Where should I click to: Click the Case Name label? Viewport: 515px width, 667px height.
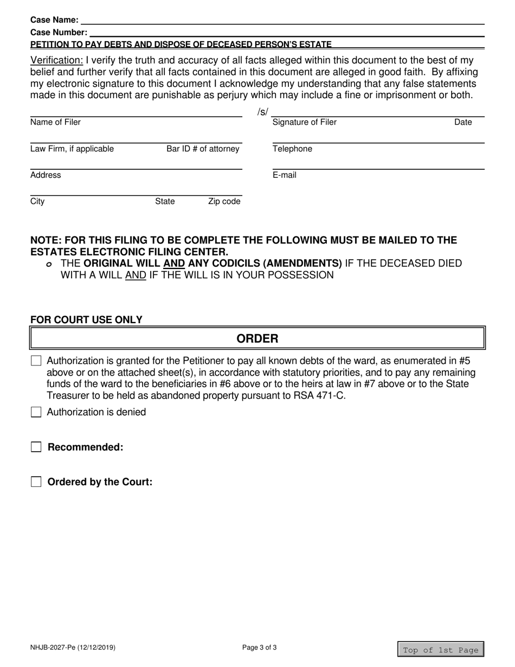click(x=54, y=20)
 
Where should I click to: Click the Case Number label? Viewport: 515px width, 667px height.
click(x=59, y=33)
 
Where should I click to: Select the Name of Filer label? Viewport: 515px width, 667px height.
click(x=55, y=122)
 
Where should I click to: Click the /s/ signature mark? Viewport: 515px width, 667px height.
click(x=263, y=112)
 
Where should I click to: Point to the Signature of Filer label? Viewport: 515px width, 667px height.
click(x=304, y=122)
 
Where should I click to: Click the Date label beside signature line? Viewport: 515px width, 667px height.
click(x=463, y=122)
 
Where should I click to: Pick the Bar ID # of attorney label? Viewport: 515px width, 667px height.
click(x=203, y=149)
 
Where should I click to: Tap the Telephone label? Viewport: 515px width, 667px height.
click(x=292, y=149)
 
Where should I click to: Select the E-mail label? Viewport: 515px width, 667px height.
click(x=284, y=175)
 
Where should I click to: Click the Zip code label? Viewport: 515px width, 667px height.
click(x=224, y=202)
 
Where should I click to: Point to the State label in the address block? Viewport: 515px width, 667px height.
click(x=165, y=202)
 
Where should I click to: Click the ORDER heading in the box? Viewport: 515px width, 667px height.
click(x=257, y=339)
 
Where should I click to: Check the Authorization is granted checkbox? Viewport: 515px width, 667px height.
click(x=36, y=361)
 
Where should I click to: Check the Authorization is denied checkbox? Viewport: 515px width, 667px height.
click(x=36, y=412)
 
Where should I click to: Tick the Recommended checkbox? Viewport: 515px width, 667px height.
click(x=36, y=447)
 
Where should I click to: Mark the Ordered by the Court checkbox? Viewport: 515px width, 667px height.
click(x=36, y=482)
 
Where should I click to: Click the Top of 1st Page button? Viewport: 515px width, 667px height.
click(x=441, y=650)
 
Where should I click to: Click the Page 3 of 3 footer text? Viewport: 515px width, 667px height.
click(x=260, y=647)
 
